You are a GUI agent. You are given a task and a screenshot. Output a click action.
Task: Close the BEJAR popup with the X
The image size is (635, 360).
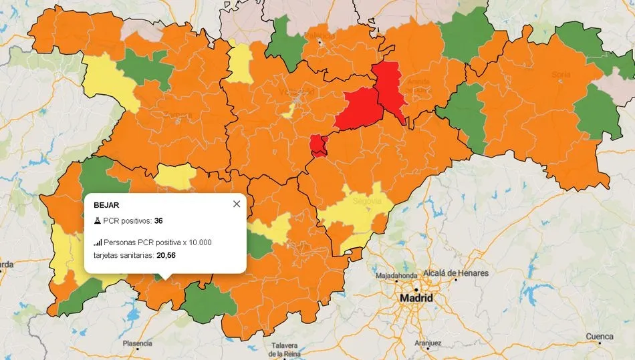point(237,204)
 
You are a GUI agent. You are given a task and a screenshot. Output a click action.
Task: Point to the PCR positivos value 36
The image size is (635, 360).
point(158,221)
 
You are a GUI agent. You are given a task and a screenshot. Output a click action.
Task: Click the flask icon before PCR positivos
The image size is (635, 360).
point(97,221)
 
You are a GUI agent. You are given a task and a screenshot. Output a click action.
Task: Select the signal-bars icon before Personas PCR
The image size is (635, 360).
point(98,242)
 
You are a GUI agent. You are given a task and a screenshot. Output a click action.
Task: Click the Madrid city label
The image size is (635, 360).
point(415,298)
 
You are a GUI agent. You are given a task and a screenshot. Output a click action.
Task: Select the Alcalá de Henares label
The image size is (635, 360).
point(455,273)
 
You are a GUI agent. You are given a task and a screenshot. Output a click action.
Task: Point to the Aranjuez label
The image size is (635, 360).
point(428,343)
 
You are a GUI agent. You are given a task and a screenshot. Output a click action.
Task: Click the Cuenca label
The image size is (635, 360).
point(600,336)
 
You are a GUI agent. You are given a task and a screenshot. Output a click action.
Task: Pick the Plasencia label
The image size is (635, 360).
point(136,343)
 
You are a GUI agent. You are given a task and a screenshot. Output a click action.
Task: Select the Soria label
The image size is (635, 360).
point(560,74)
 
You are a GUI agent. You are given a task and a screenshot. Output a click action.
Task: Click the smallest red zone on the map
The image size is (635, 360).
point(318,145)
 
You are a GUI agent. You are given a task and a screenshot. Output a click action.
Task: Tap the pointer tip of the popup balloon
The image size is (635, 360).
point(167,279)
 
